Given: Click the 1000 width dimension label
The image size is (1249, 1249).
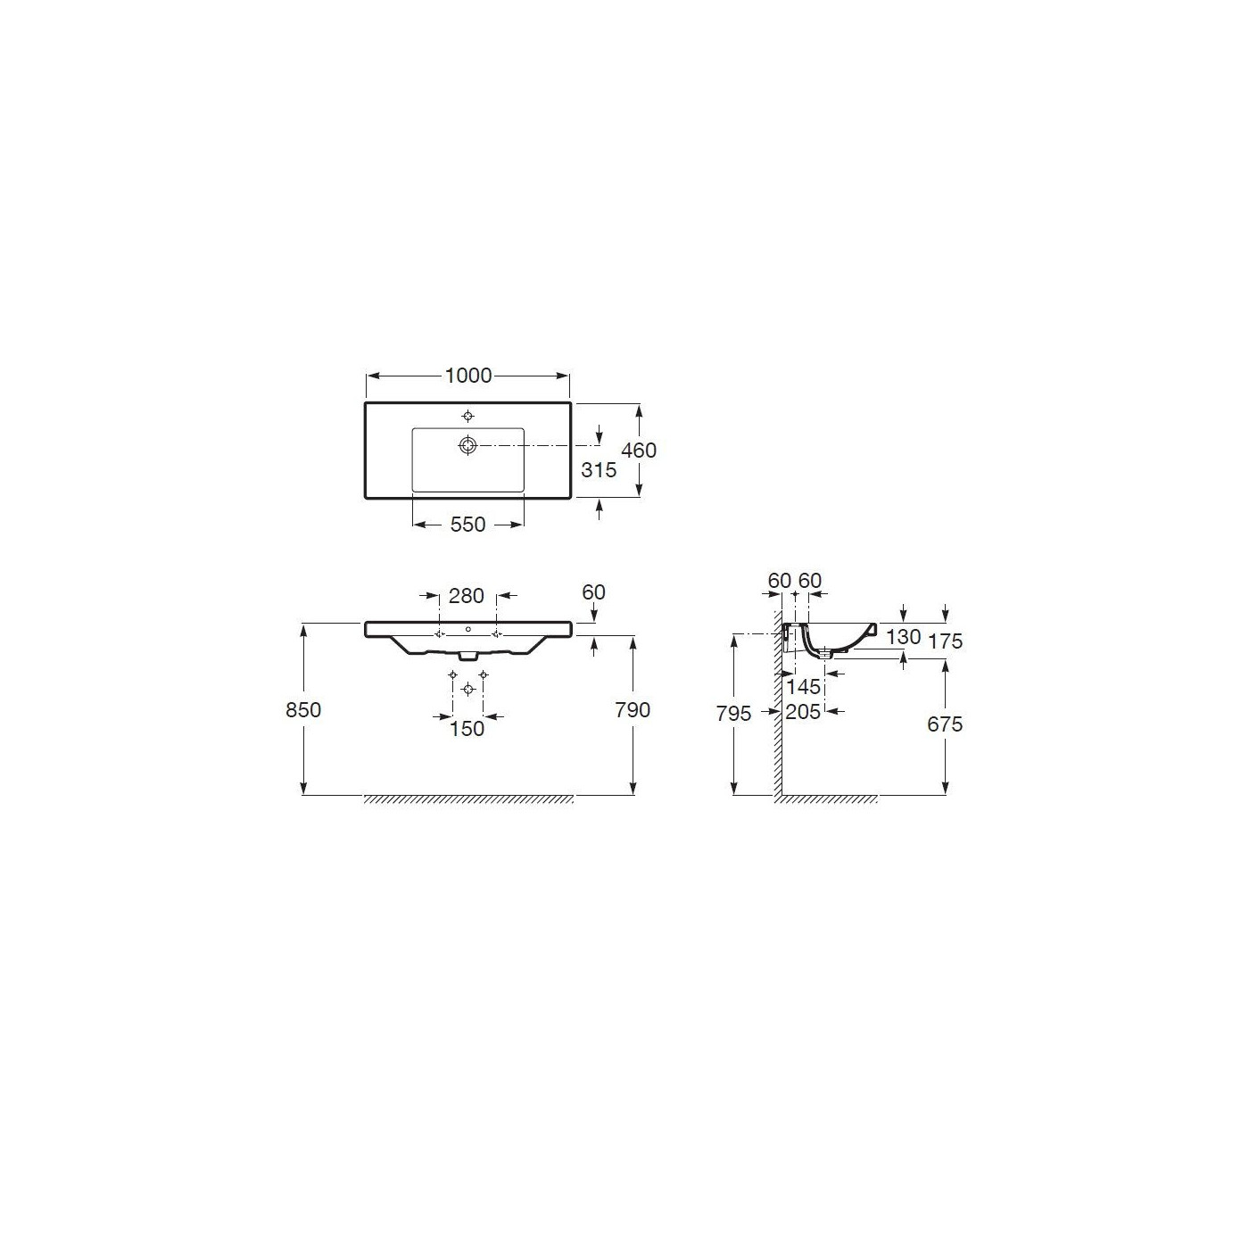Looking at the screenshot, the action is point(468,376).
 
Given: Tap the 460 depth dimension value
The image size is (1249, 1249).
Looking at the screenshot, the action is point(639,450).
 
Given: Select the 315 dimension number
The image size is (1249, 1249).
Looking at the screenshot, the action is point(599,470).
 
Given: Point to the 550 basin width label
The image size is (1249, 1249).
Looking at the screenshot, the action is point(468,525).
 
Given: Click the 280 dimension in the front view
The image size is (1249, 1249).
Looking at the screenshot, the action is point(467,596).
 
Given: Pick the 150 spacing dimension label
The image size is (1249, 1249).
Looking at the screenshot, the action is point(467,729).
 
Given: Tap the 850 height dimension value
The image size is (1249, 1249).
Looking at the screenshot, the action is point(303,710).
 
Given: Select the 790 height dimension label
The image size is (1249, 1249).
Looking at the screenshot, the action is point(633,710).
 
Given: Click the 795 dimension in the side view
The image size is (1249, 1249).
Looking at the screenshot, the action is point(733,714).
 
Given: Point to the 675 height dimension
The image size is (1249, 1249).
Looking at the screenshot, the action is point(945,724).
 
